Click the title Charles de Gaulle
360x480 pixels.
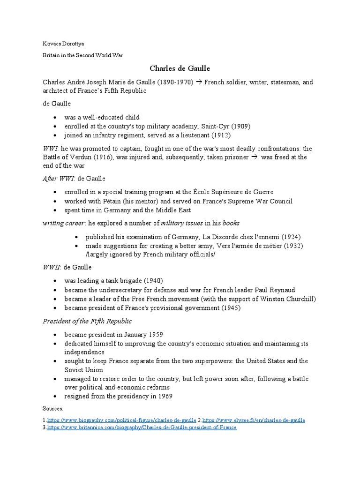(x=180, y=68)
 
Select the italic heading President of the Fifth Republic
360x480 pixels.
(x=87, y=321)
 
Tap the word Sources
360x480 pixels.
(x=53, y=409)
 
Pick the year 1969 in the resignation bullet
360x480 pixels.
(x=165, y=396)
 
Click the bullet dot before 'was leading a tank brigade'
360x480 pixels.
(x=55, y=281)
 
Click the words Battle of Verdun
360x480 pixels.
(x=69, y=157)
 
